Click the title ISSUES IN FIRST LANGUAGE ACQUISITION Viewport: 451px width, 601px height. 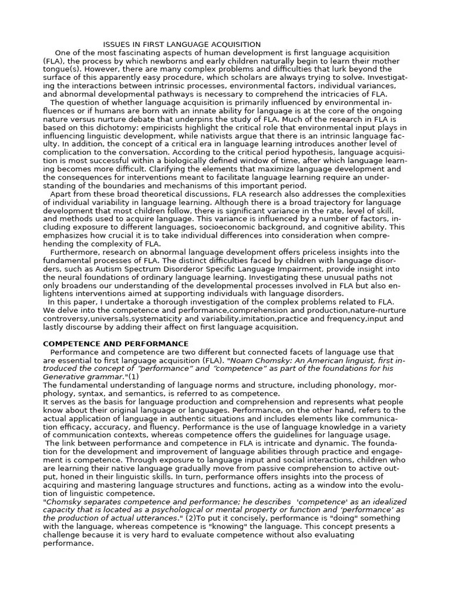[182, 45]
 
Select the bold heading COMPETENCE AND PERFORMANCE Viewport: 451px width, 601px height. [116, 343]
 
